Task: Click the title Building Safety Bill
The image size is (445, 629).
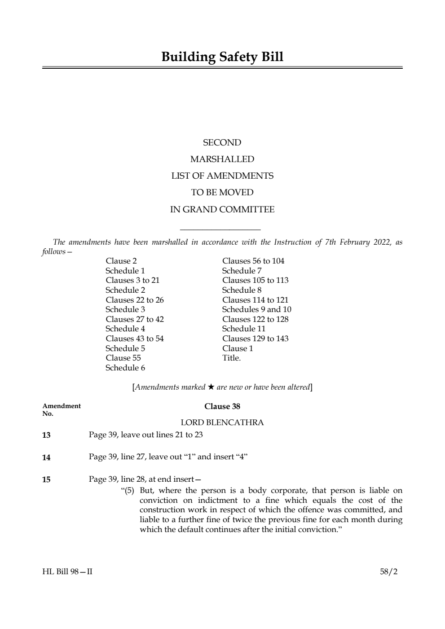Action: (222, 57)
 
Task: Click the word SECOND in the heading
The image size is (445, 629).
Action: (222, 143)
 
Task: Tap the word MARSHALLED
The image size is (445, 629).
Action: (222, 159)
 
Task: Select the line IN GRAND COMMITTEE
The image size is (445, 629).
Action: (222, 210)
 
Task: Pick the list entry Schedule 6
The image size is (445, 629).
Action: (125, 368)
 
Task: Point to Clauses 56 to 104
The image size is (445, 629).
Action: (253, 261)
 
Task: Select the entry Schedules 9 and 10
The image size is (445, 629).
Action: (256, 309)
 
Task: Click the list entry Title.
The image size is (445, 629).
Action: (231, 358)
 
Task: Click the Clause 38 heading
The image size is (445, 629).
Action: (222, 406)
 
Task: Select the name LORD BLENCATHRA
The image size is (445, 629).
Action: (222, 422)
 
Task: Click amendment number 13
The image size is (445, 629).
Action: (46, 435)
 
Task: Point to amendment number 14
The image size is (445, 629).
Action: (46, 457)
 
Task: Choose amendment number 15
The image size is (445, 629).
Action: (46, 479)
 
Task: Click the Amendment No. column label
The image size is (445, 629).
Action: (62, 409)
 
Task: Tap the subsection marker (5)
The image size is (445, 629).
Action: (129, 491)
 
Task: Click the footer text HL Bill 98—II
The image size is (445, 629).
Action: (67, 572)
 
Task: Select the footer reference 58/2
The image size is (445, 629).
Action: (388, 572)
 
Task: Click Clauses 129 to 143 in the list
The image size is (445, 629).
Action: (255, 339)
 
